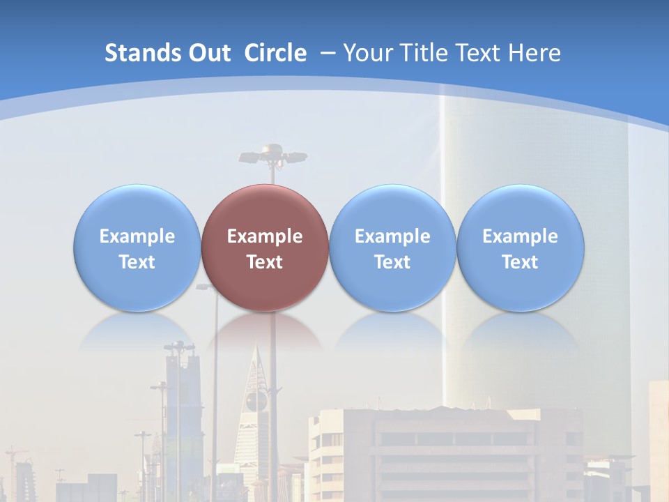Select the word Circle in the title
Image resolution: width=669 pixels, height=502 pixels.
click(x=275, y=53)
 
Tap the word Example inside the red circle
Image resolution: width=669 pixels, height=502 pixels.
click(x=265, y=236)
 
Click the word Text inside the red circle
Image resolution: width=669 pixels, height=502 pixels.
click(x=265, y=262)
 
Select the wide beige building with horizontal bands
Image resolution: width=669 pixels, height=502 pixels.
click(x=446, y=453)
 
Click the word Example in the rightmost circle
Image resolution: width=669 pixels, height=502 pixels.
click(x=520, y=236)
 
